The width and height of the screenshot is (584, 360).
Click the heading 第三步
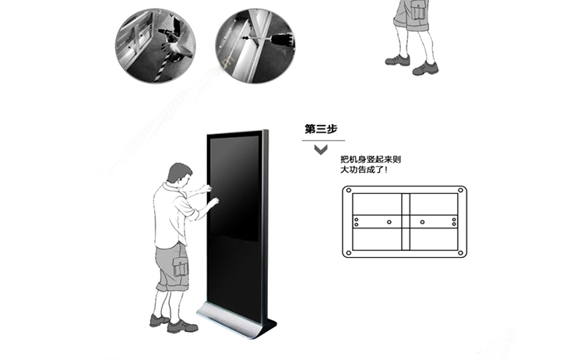coord(321,129)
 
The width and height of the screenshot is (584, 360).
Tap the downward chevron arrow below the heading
coord(321,150)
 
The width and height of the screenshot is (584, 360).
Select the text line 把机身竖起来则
coord(371,160)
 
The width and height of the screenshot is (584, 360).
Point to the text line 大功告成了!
coord(364,170)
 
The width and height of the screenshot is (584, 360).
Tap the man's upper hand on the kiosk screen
coord(206,189)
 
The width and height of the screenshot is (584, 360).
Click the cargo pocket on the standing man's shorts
coord(181,266)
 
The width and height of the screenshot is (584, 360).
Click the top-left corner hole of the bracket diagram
coord(349,190)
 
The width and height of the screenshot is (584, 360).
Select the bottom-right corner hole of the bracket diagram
coord(460,253)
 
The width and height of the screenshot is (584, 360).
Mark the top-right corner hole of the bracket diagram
coord(460,190)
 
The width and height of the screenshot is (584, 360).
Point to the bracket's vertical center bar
coord(406,222)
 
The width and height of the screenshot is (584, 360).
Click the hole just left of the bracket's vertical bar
coord(389,222)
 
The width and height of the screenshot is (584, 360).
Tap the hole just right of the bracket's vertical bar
coord(422,222)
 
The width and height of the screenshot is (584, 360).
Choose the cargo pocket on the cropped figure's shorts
coord(419,10)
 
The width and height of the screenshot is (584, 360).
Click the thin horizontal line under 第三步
coord(323,140)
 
